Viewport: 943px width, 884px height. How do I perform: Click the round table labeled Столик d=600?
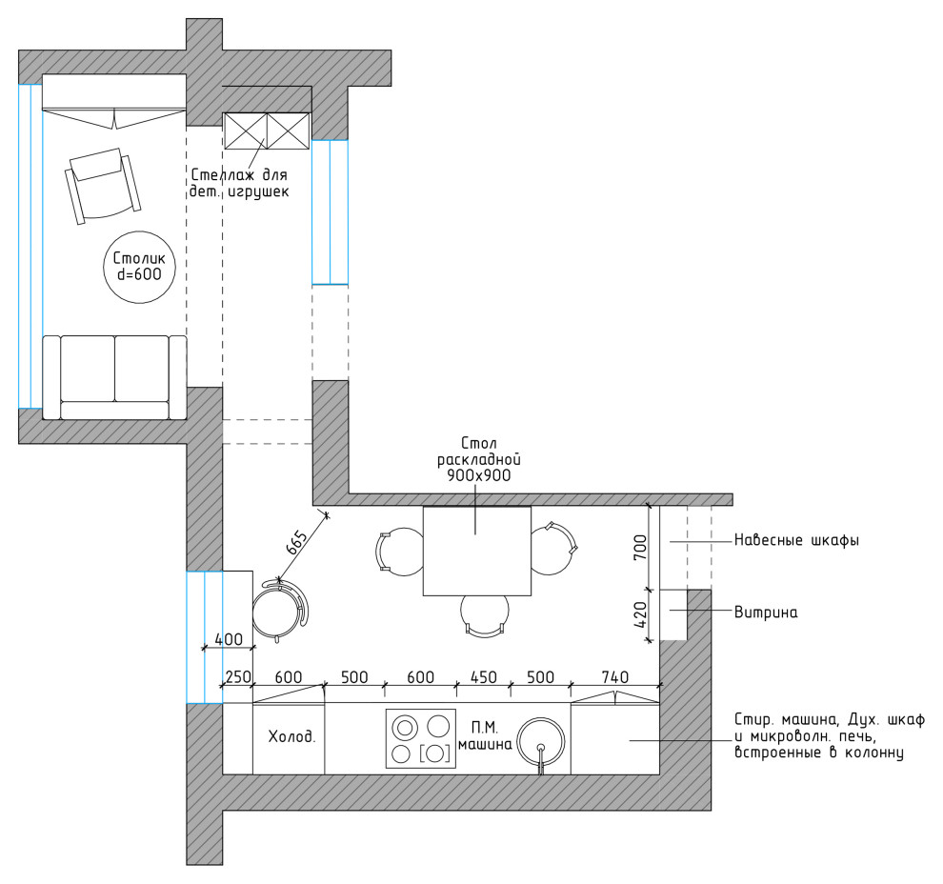click(140, 267)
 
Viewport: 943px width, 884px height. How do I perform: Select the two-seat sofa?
click(114, 377)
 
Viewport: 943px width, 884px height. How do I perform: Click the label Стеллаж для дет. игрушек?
click(239, 184)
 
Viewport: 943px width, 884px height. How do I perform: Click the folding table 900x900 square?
click(477, 551)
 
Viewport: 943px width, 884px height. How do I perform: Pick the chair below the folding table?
click(485, 615)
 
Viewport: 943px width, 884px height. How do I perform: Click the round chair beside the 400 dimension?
click(279, 611)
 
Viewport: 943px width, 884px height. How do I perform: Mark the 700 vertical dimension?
click(641, 547)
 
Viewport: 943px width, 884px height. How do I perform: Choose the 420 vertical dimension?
click(641, 614)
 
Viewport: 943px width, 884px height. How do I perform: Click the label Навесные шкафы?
click(796, 540)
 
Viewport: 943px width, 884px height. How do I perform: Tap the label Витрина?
click(766, 613)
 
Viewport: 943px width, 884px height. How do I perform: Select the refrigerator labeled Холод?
click(289, 738)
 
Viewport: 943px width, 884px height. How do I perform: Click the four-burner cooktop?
click(420, 739)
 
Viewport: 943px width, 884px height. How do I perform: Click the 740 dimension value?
click(614, 677)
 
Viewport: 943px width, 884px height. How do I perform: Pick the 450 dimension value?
click(483, 677)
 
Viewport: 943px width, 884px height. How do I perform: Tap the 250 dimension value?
click(237, 677)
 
